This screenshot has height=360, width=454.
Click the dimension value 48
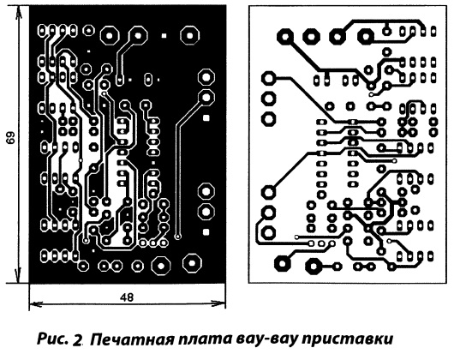click(127, 297)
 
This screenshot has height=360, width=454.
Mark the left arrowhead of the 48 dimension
click(36, 303)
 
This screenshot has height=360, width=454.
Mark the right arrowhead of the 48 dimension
click(218, 303)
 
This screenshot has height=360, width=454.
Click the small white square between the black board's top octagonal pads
click(164, 36)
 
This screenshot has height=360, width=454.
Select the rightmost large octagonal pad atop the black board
click(189, 36)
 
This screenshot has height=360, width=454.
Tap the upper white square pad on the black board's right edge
click(206, 117)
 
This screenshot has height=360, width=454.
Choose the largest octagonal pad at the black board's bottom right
click(192, 263)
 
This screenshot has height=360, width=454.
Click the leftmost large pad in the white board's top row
click(285, 37)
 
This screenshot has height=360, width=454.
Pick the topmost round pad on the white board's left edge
click(268, 78)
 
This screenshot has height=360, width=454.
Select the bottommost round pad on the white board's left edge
click(268, 232)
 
